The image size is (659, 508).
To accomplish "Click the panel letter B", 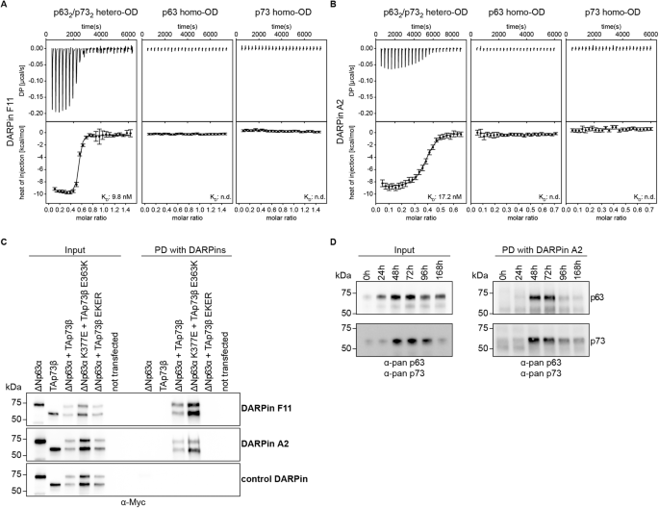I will [335, 7].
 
